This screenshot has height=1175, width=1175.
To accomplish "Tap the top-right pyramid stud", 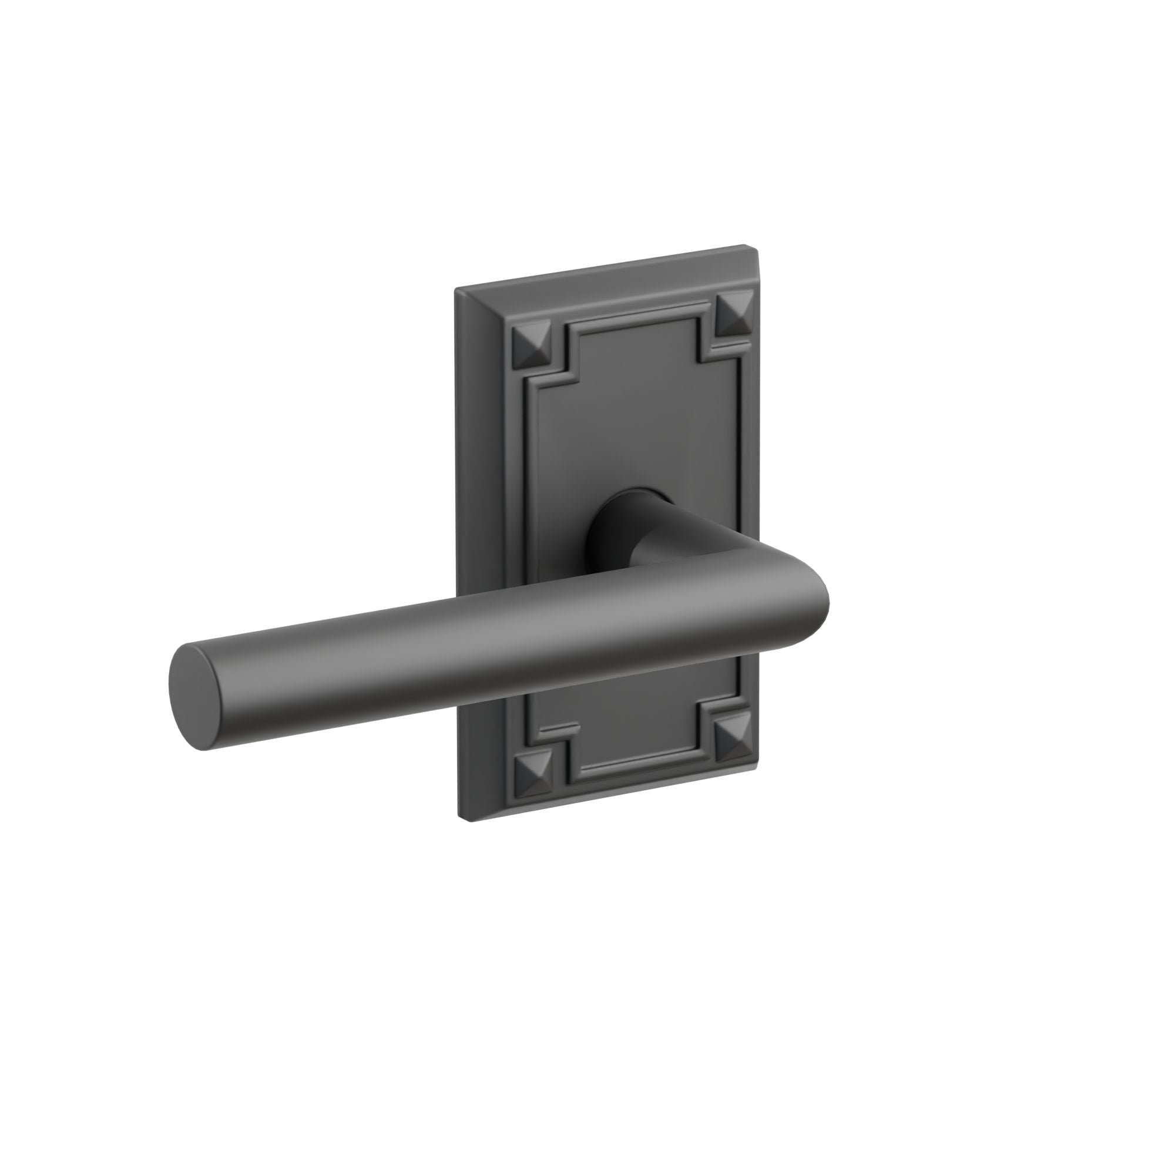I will [x=733, y=316].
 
